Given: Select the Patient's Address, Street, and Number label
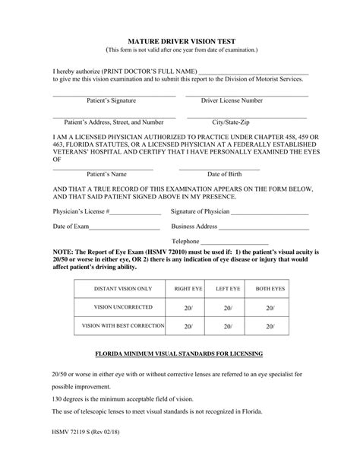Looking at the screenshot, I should click(113, 122).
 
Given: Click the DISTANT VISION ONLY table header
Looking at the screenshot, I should click(123, 290).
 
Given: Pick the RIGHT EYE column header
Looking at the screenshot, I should click(188, 290).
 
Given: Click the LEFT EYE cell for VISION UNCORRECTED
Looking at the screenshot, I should click(228, 308).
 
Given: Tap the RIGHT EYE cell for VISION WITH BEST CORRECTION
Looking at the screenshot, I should click(188, 326).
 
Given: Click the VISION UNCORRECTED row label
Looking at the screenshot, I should click(123, 307).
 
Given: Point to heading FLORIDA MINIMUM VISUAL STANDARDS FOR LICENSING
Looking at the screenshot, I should click(179, 354).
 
